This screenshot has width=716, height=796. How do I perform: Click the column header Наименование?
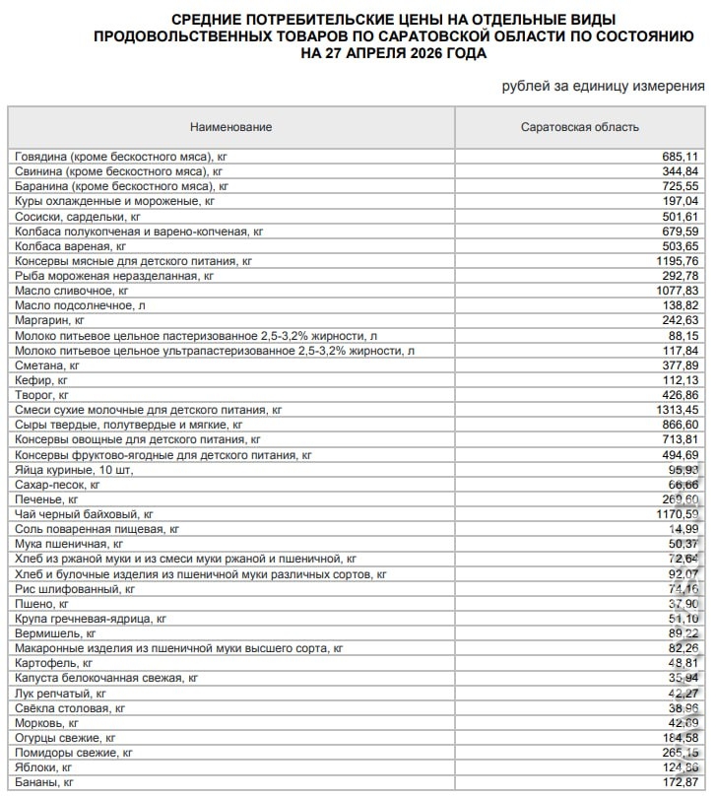pos(231,127)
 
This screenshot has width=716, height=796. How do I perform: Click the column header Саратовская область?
pos(579,127)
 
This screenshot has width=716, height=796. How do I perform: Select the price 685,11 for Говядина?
pos(680,156)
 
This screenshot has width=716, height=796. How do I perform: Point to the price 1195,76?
pos(677,261)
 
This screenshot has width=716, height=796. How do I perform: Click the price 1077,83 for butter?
pos(677,292)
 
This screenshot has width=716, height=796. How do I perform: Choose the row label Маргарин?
pos(50,320)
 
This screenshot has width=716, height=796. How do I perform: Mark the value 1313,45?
pos(677,409)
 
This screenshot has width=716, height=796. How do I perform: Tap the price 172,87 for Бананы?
pos(680,782)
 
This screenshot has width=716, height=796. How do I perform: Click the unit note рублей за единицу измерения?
pos(603,87)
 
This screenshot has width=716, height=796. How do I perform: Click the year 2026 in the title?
pos(414,53)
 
